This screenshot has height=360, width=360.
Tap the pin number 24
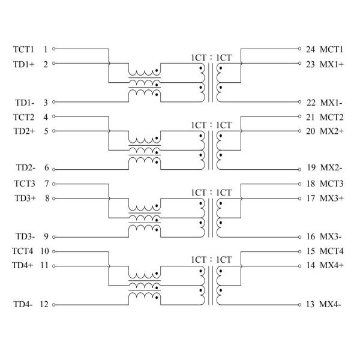tap(311, 49)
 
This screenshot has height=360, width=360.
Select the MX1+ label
tap(332, 63)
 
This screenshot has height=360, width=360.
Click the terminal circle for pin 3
tap(55, 102)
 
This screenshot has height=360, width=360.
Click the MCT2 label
tap(332, 116)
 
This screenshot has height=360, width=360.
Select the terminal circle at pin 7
tap(55, 184)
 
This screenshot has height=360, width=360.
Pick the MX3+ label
tap(332, 198)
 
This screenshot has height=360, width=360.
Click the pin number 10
tap(44, 251)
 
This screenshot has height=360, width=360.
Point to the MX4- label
tap(331, 304)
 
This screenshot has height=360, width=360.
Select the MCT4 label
tap(332, 251)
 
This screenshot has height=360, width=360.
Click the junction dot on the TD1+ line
tap(109, 63)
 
